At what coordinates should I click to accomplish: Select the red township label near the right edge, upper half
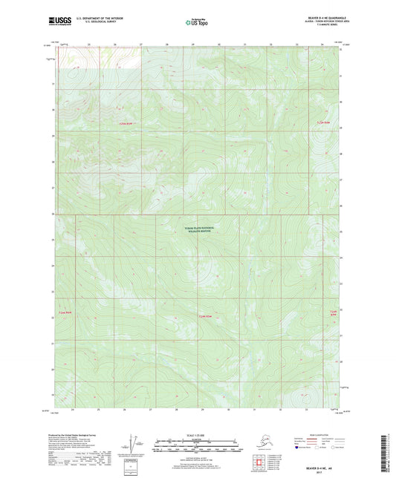pos(322,122)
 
